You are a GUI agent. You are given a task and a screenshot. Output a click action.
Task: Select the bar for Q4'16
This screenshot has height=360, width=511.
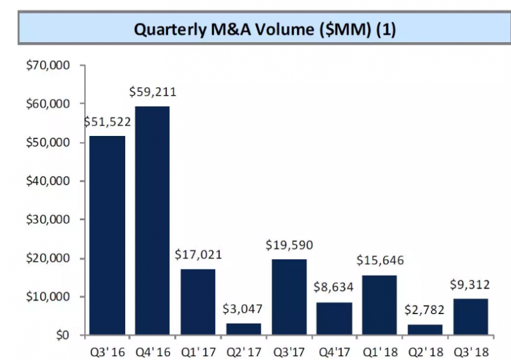point(153,220)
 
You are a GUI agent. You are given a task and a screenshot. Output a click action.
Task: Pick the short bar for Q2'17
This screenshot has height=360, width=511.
point(243,329)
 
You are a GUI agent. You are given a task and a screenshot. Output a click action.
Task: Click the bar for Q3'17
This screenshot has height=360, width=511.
point(289,297)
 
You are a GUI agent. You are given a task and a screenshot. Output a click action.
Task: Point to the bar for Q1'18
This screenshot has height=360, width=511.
point(379,304)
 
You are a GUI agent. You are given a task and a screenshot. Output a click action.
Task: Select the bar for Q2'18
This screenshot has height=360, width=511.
point(425,329)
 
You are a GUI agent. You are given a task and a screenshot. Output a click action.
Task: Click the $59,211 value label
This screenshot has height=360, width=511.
point(153,92)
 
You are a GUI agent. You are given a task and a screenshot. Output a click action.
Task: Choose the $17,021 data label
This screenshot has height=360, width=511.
point(198,255)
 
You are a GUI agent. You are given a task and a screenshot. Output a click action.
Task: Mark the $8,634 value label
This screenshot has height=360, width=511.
point(334,288)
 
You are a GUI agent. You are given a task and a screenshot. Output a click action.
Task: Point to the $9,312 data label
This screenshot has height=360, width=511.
point(470,285)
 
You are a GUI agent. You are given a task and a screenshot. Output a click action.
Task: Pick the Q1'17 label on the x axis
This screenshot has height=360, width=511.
point(198,350)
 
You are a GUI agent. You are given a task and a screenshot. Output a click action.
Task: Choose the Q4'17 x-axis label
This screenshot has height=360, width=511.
point(334,350)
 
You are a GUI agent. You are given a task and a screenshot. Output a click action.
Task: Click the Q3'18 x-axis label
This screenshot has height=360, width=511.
point(470,350)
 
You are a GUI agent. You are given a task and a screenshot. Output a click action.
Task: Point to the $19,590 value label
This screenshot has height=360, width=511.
point(289,244)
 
